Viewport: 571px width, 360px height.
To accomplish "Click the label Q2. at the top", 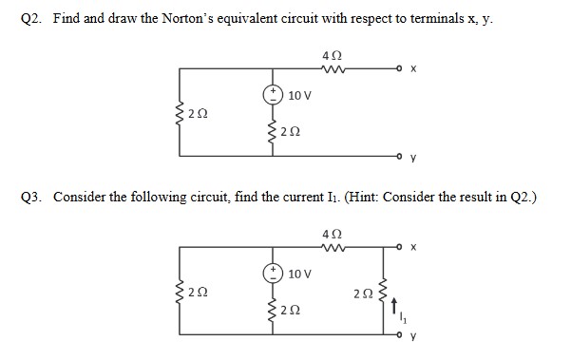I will [30, 18].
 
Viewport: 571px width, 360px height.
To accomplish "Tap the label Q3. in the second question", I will [31, 197].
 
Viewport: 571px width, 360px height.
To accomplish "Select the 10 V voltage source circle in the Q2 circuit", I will [274, 94].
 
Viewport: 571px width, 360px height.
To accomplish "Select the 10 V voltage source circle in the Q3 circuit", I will [274, 274].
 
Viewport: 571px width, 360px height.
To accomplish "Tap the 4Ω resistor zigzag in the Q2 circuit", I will [333, 67].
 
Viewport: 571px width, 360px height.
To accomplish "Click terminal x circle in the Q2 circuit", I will [402, 69].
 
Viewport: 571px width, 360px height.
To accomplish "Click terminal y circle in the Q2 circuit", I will [402, 155].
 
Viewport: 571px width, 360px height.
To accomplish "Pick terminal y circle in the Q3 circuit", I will [402, 334].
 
